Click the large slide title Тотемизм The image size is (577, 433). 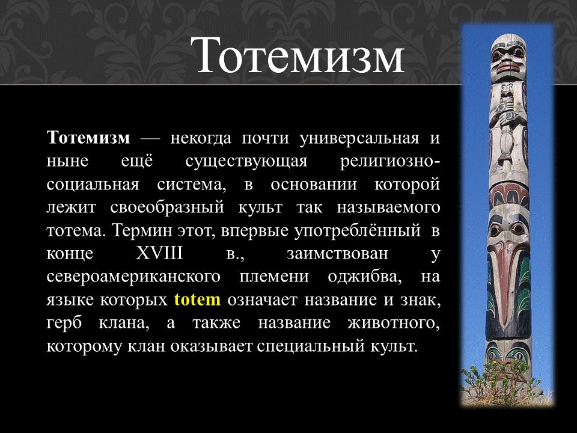pyautogui.click(x=298, y=56)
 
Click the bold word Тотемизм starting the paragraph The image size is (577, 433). pyautogui.click(x=88, y=138)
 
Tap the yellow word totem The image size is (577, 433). pyautogui.click(x=197, y=299)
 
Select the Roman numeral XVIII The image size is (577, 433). pyautogui.click(x=159, y=253)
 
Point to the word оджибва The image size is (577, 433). pyautogui.click(x=364, y=277)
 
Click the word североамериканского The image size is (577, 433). pyautogui.click(x=133, y=277)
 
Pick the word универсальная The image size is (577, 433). pyautogui.click(x=359, y=139)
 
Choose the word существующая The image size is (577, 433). pyautogui.click(x=246, y=162)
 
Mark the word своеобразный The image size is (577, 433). pyautogui.click(x=167, y=207)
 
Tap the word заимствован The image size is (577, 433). pyautogui.click(x=337, y=254)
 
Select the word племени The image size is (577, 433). pyautogui.click(x=274, y=277)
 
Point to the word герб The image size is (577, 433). pyautogui.click(x=64, y=324)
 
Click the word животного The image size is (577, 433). pyautogui.click(x=393, y=323)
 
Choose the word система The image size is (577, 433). pyautogui.click(x=191, y=185)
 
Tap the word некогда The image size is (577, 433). pyautogui.click(x=201, y=139)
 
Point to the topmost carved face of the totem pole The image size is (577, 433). pyautogui.click(x=508, y=58)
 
